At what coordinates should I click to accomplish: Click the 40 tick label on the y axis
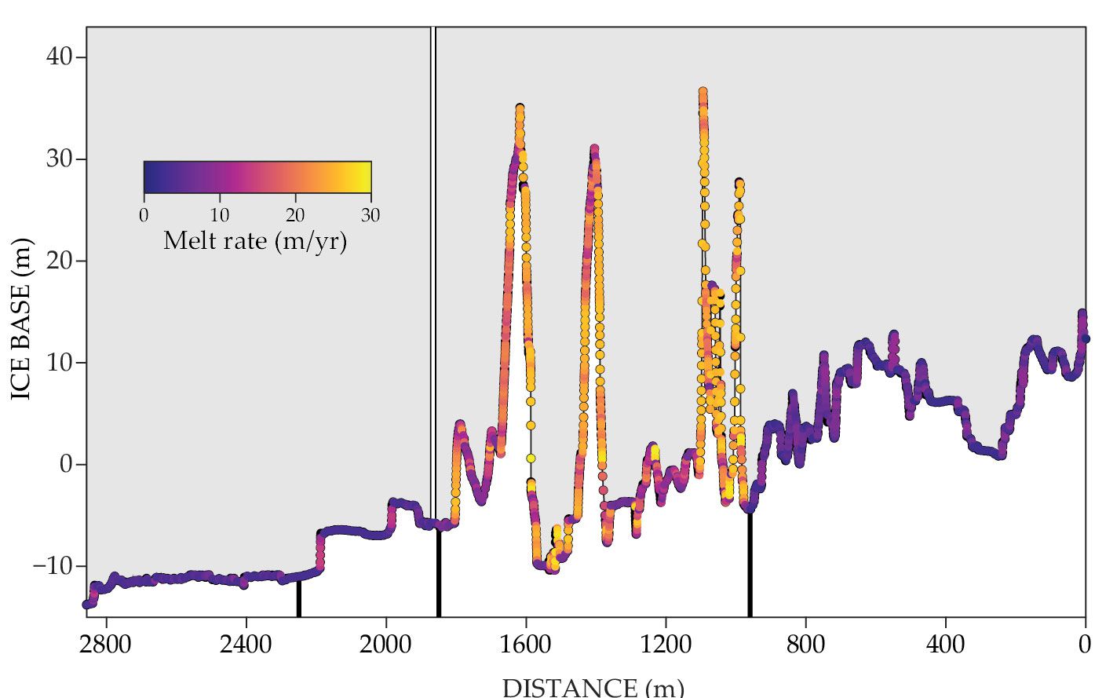59,57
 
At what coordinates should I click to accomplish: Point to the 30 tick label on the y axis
59,159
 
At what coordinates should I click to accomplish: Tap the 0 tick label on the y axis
66,464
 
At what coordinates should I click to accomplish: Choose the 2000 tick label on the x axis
385,645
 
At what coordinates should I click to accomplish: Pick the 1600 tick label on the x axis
525,645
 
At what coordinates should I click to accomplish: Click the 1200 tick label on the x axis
665,645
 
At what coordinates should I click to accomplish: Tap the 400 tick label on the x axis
945,645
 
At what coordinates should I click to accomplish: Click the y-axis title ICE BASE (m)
21,319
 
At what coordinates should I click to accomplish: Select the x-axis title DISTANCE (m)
593,687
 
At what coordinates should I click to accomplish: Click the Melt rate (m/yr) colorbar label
255,240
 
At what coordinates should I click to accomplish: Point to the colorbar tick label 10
220,215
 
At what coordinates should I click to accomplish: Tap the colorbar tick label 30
370,215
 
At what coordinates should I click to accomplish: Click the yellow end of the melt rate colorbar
366,177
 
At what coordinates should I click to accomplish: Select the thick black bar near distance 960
750,564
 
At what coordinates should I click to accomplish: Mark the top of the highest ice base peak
703,93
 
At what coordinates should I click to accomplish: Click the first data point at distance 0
1086,338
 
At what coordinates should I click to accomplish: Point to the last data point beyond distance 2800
87,604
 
